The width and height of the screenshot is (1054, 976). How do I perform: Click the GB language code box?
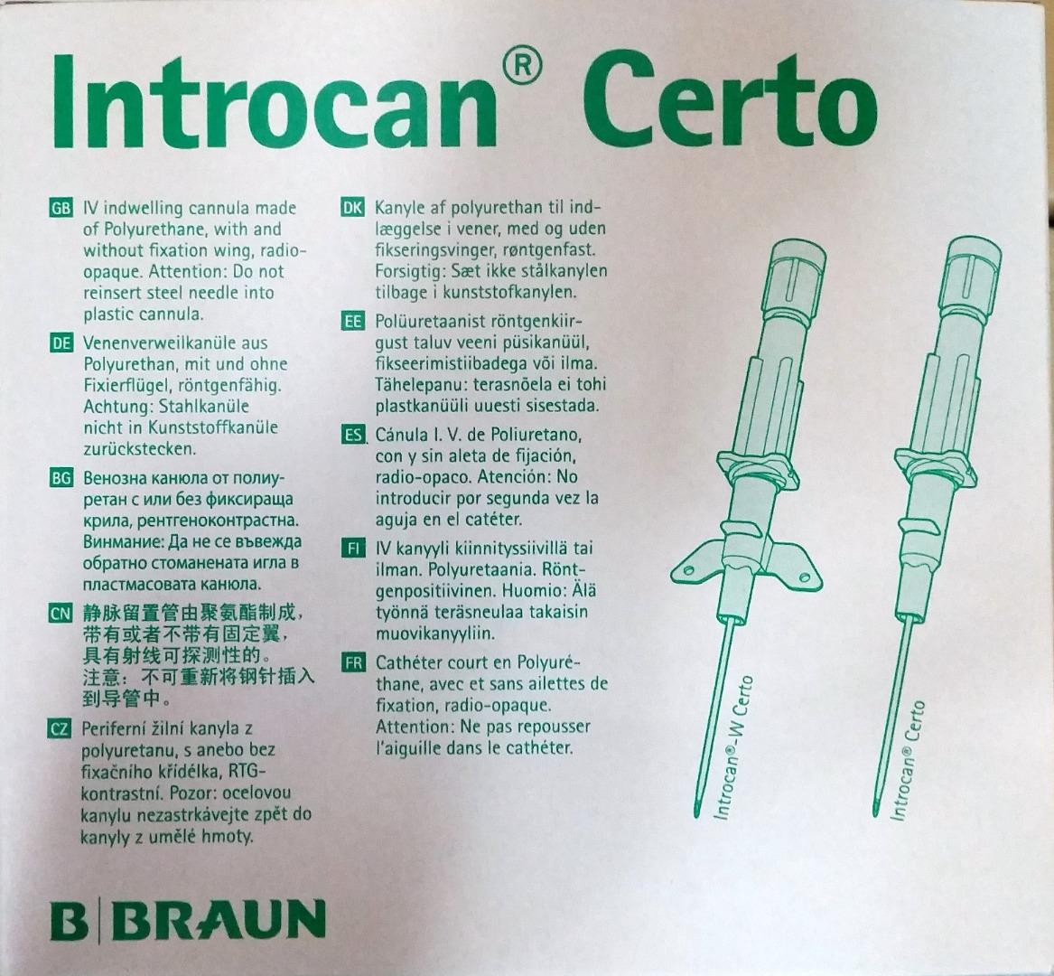click(61, 209)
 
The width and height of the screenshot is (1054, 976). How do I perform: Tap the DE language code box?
click(61, 343)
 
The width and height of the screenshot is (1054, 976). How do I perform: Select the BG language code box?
click(61, 478)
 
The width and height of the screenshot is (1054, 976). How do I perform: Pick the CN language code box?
click(61, 614)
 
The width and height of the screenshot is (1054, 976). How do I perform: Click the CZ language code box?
click(60, 728)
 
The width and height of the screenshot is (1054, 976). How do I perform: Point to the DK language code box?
click(352, 208)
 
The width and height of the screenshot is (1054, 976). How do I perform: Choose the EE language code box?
click(352, 321)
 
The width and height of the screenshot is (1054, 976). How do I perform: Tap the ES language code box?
click(352, 435)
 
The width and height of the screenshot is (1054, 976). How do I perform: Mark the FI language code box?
click(352, 549)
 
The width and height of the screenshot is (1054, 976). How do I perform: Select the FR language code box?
click(352, 662)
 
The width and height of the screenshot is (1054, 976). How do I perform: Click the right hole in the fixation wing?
click(803, 577)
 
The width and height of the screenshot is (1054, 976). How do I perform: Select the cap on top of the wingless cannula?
click(974, 265)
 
